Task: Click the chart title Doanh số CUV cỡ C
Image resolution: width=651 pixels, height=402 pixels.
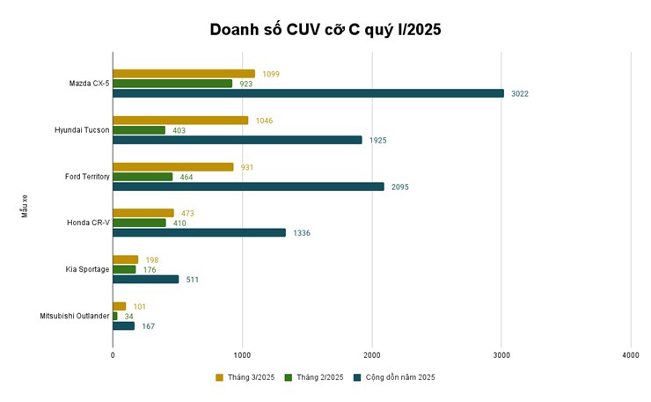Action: click(325, 29)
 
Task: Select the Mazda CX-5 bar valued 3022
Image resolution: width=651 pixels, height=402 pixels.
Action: click(308, 93)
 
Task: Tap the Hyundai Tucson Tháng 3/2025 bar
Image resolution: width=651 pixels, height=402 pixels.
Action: click(180, 121)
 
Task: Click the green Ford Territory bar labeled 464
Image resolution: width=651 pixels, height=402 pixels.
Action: click(143, 177)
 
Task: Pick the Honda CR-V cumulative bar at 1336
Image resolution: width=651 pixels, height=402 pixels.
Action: click(199, 232)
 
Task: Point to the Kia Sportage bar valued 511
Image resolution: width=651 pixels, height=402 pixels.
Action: click(145, 280)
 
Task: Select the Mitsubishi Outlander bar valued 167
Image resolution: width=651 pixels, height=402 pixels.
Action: click(123, 326)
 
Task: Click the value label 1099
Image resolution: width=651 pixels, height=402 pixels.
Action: click(271, 74)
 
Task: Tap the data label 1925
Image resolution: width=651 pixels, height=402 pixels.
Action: click(377, 140)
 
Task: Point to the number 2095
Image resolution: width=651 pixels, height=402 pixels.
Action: click(399, 186)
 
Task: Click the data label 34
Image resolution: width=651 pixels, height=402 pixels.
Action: click(129, 317)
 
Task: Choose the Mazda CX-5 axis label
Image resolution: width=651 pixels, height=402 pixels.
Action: click(89, 84)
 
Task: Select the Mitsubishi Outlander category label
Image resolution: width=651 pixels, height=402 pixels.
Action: click(75, 316)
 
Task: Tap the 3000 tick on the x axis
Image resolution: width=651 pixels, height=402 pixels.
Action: click(501, 354)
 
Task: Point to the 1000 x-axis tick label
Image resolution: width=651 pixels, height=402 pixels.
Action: click(242, 354)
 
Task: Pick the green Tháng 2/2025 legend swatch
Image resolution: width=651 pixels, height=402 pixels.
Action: click(289, 377)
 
